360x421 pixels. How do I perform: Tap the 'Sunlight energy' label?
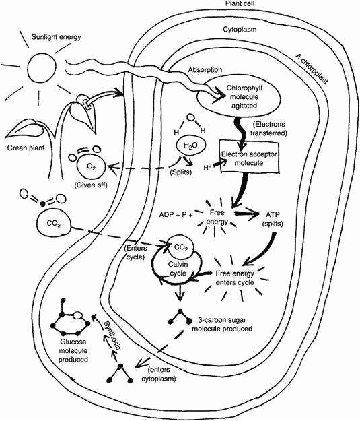click(56, 37)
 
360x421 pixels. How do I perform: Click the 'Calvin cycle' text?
click(178, 269)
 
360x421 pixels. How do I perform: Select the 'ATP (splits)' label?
click(273, 219)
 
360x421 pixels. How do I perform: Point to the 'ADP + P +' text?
click(176, 215)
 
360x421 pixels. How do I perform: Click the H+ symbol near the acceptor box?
click(207, 168)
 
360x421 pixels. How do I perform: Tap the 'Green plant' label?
click(26, 148)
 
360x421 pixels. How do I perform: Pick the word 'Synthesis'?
click(112, 335)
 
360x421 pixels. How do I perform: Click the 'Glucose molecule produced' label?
click(73, 350)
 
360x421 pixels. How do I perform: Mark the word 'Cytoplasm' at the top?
click(240, 30)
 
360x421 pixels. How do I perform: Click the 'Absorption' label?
click(205, 70)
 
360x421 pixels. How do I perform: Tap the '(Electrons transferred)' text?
click(268, 129)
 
